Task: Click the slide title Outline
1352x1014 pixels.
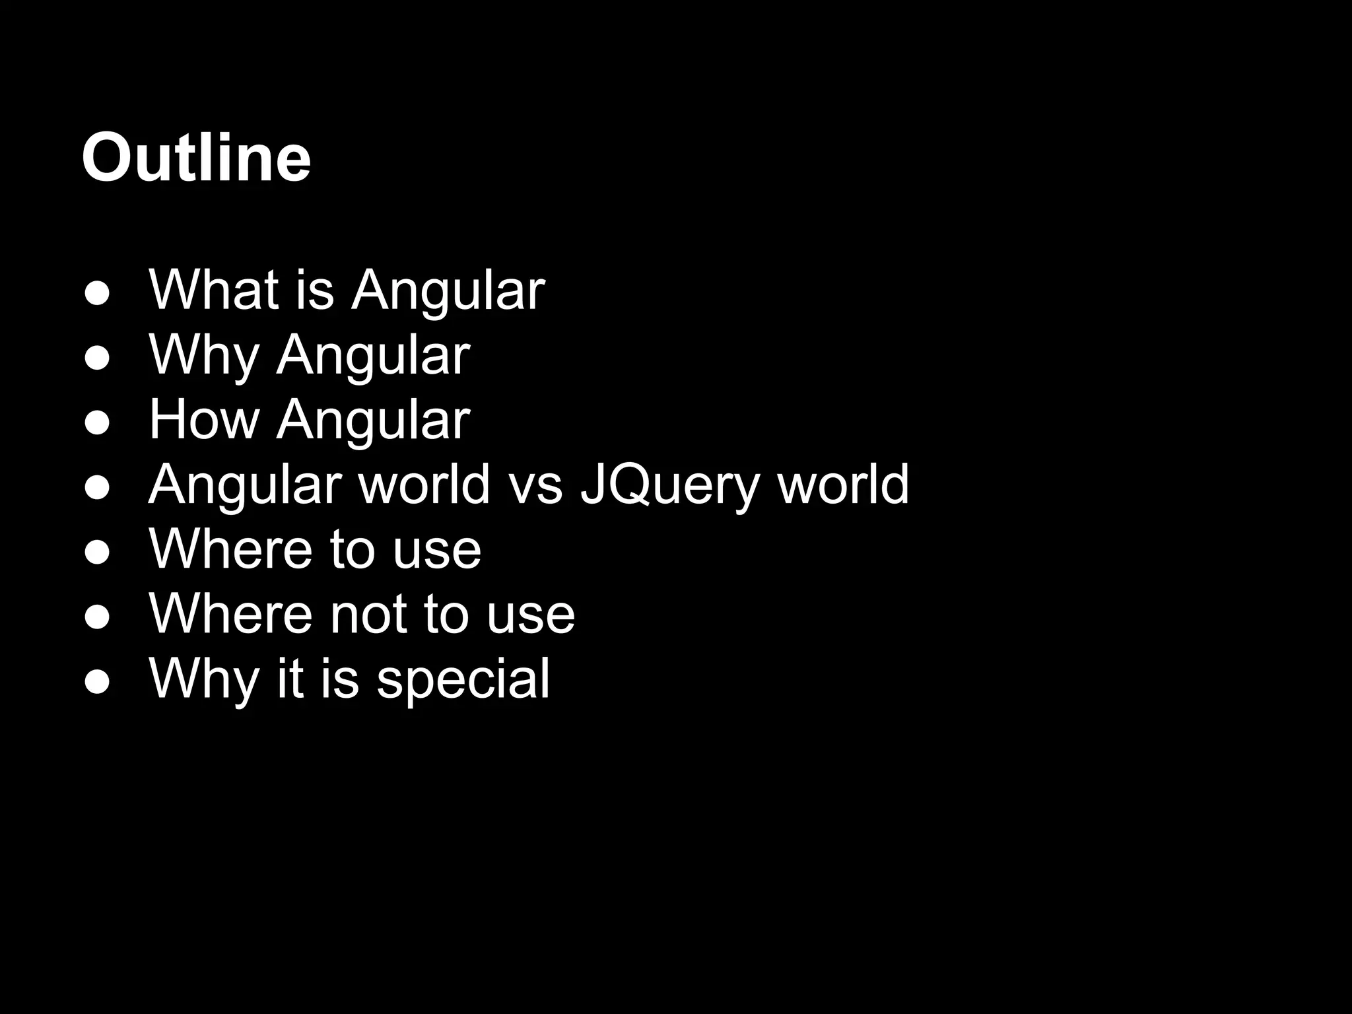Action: click(196, 158)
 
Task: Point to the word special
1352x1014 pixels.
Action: click(463, 680)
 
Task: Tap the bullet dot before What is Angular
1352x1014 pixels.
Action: click(97, 295)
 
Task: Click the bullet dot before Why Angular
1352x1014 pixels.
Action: click(97, 360)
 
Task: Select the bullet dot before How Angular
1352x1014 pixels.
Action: click(97, 424)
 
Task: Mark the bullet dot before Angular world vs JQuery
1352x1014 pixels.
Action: click(97, 489)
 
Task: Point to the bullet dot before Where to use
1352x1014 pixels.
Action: click(97, 554)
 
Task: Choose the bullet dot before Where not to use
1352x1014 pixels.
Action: click(97, 619)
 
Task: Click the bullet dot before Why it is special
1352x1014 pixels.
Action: click(97, 683)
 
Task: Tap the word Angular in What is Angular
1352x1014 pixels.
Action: click(448, 290)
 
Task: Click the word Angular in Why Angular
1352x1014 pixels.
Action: click(373, 355)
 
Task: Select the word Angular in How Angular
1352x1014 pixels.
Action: click(373, 420)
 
